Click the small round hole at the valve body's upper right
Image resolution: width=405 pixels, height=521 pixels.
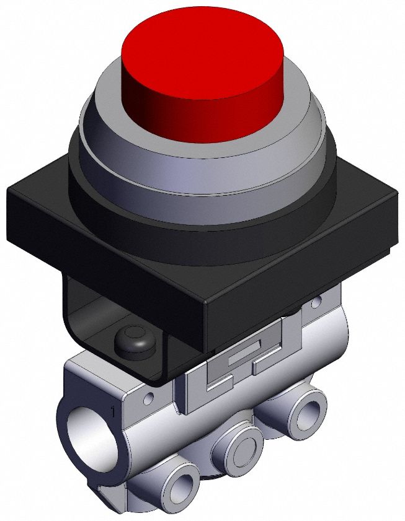pos(317,303)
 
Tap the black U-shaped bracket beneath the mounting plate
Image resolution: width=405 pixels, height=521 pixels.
pos(81,322)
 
